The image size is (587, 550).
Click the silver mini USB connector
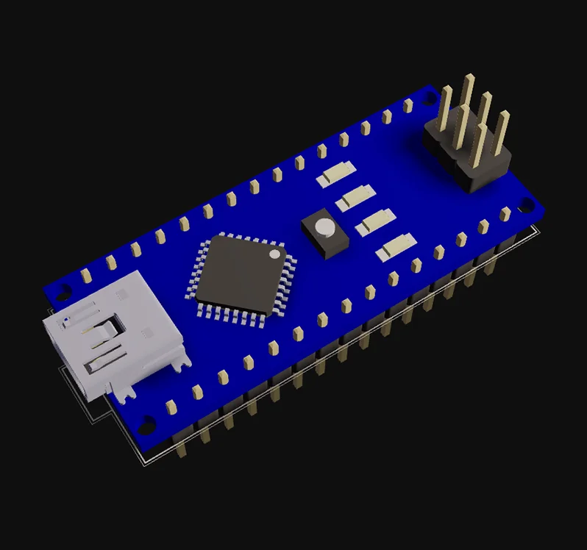coord(110,335)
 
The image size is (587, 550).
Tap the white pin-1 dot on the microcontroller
coord(275,254)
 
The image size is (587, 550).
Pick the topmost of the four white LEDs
coord(335,174)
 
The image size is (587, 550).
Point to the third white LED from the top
coord(374,221)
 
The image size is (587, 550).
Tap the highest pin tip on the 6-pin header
coord(468,76)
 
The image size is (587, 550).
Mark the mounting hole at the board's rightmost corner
coord(526,204)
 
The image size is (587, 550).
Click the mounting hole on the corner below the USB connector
coord(148,424)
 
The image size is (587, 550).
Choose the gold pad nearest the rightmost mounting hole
coord(505,214)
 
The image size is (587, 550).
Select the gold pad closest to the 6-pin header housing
coord(408,106)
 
